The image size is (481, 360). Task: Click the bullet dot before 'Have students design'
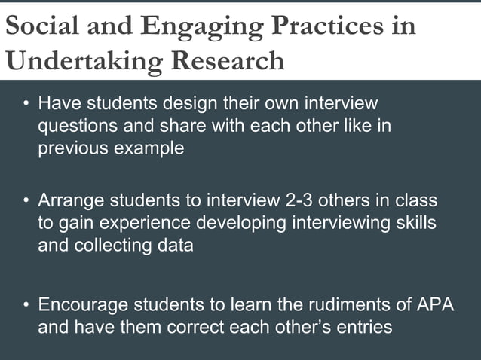tap(26, 102)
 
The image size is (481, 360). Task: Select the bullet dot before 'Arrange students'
tap(26, 202)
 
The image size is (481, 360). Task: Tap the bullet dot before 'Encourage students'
tap(26, 306)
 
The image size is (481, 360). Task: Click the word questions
tap(76, 126)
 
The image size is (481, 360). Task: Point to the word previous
tap(70, 148)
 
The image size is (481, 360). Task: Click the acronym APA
tap(435, 306)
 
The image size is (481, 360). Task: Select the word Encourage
tap(83, 306)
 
